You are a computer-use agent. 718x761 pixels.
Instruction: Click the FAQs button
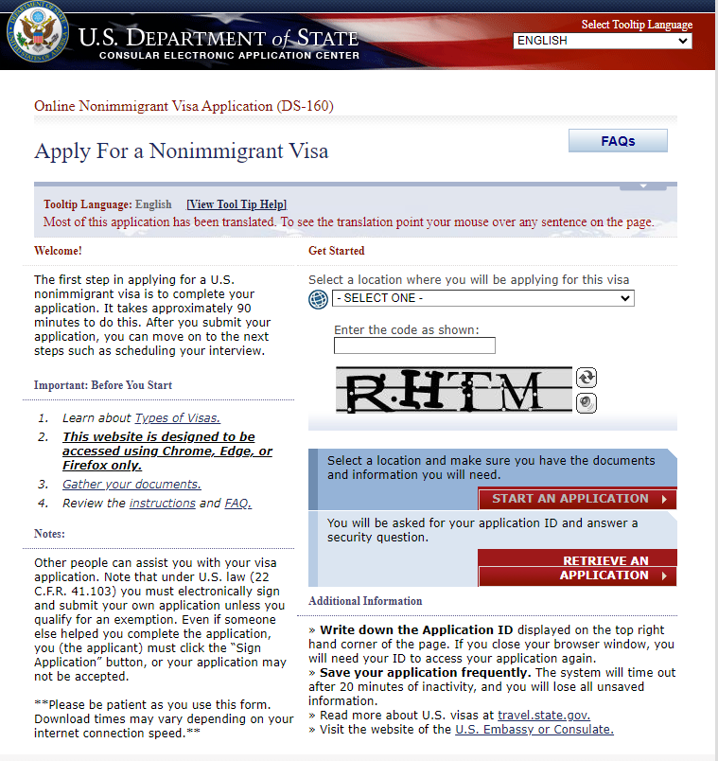(x=618, y=141)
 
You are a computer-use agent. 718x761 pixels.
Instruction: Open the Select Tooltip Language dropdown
(x=603, y=41)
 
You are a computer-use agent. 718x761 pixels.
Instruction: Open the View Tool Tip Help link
(x=236, y=204)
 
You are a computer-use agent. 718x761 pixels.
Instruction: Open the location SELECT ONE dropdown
(x=482, y=298)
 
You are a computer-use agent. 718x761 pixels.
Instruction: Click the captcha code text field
(x=414, y=345)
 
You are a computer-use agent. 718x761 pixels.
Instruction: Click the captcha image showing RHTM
(x=453, y=390)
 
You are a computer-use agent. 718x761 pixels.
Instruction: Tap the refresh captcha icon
(x=587, y=378)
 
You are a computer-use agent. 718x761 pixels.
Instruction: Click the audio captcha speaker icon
(x=587, y=403)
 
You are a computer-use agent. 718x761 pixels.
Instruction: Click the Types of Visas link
(x=178, y=417)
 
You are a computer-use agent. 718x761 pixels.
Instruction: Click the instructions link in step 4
(x=162, y=504)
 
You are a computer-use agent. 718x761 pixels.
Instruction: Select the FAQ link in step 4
(x=238, y=504)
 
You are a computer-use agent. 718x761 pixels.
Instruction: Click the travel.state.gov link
(x=543, y=716)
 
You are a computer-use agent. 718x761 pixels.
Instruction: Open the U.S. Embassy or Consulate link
(x=534, y=730)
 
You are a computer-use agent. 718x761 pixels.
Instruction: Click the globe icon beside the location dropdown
(x=318, y=300)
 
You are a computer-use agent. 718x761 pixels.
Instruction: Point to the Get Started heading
(x=336, y=251)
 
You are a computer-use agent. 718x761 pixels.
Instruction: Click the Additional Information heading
(x=365, y=601)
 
